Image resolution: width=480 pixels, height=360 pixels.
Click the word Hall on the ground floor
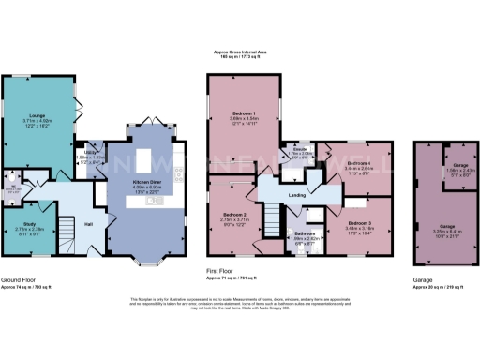pyautogui.click(x=88, y=224)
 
